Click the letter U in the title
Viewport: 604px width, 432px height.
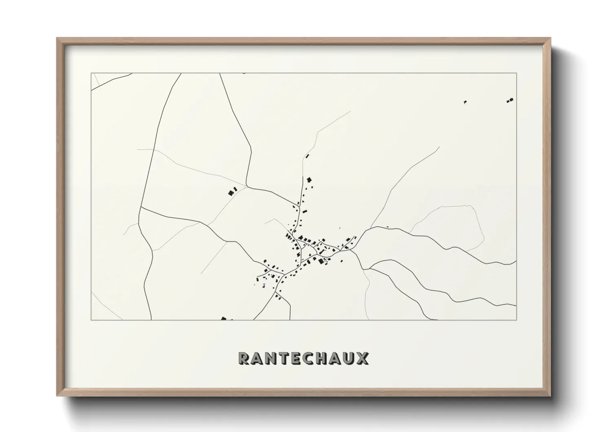click(349, 359)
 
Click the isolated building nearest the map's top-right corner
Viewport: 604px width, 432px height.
click(510, 100)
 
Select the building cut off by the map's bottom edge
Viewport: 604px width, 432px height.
click(223, 318)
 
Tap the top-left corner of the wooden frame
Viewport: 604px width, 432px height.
click(58, 38)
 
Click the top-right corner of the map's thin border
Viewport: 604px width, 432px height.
click(517, 73)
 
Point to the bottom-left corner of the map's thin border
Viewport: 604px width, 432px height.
click(91, 320)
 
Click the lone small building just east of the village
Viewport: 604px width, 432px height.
click(387, 227)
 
